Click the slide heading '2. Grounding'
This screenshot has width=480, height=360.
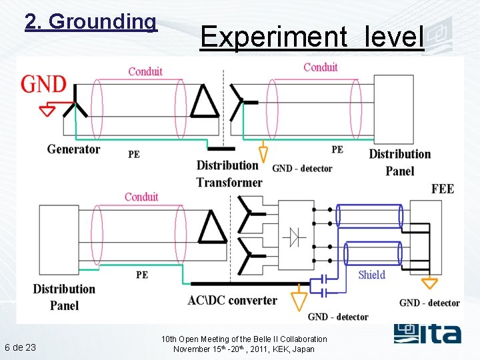[x=91, y=21]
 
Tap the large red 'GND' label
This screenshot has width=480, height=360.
[x=44, y=84]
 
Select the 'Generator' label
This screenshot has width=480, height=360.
[x=73, y=149]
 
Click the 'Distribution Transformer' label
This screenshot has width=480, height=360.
[x=229, y=173]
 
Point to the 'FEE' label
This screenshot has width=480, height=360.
[x=443, y=189]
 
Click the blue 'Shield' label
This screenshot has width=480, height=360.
[x=371, y=275]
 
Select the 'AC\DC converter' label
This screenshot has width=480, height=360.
[x=232, y=300]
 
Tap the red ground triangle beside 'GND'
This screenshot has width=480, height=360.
[x=47, y=109]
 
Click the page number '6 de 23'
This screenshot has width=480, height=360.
[x=20, y=347]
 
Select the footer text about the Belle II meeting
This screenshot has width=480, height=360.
[x=244, y=344]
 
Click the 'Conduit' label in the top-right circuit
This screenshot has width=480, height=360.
[x=321, y=67]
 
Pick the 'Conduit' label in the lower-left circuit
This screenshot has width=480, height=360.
[x=141, y=197]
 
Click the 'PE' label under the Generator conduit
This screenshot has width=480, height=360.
[x=134, y=154]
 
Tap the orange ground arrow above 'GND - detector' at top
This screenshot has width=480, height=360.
[x=263, y=154]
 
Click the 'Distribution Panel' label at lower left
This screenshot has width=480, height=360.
[x=64, y=297]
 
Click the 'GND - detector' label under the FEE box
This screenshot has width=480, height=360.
[x=429, y=303]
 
